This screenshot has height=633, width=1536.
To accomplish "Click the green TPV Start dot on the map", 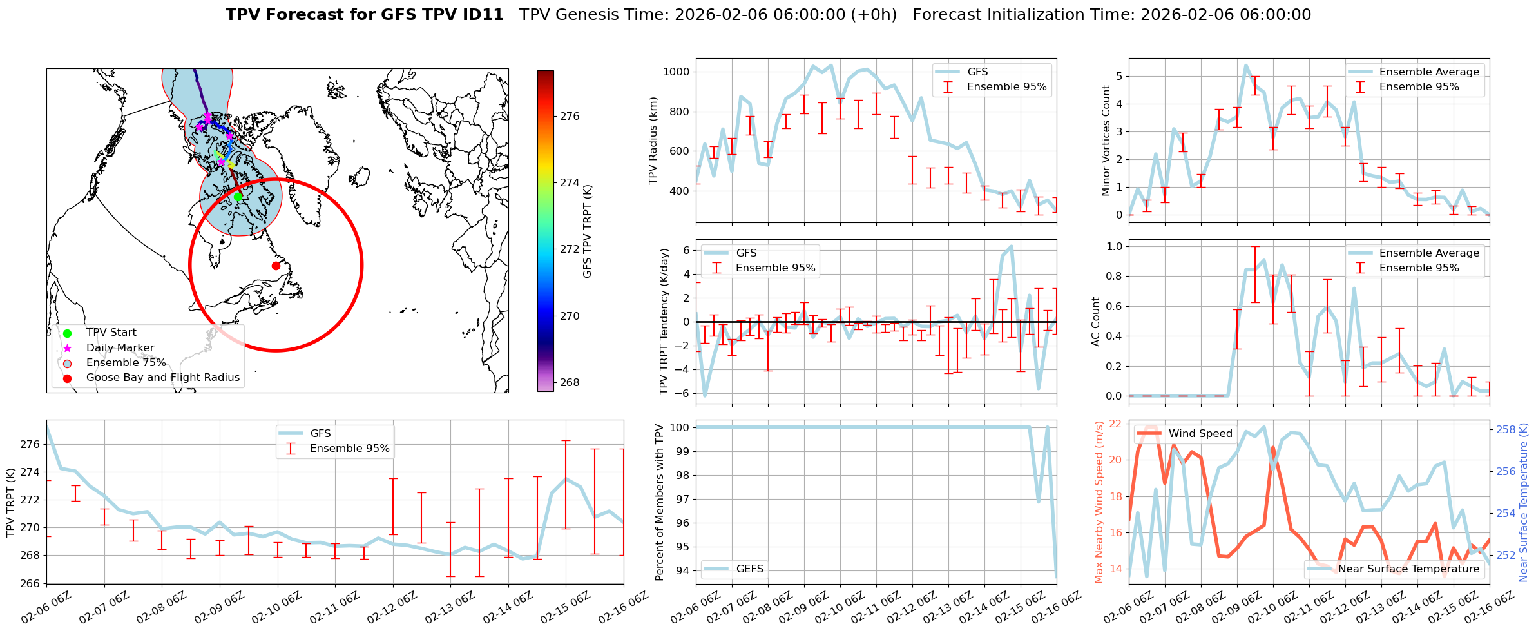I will tap(238, 197).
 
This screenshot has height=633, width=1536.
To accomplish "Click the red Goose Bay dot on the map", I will tap(276, 266).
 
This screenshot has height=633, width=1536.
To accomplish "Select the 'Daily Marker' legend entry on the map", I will tap(120, 348).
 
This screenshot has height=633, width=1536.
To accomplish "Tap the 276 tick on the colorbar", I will tap(570, 117).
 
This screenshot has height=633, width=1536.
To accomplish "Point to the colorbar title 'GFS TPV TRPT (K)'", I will tap(587, 231).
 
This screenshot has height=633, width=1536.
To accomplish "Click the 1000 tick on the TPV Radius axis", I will tap(676, 72).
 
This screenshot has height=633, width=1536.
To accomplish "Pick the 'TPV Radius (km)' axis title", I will tap(653, 141).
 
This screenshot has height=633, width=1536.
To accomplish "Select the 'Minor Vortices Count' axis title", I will tap(1106, 141).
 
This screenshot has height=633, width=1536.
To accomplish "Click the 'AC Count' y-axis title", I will tap(1096, 322).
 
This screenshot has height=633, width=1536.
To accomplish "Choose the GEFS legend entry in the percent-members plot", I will tap(749, 569).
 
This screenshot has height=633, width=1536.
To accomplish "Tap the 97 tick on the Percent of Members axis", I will tap(680, 500).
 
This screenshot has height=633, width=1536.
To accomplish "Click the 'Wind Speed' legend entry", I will tap(1200, 434).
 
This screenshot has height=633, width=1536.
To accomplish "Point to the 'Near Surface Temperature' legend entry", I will tap(1408, 569).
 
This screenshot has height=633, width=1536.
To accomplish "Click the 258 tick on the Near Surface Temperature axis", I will tap(1506, 430).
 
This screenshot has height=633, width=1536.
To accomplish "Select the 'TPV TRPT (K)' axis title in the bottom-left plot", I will tap(11, 503).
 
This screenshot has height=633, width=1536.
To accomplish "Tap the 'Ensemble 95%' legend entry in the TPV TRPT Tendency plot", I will tap(775, 268).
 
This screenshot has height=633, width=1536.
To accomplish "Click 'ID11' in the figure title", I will tap(483, 15).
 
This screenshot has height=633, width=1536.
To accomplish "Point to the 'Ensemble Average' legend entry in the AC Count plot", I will tap(1429, 253).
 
